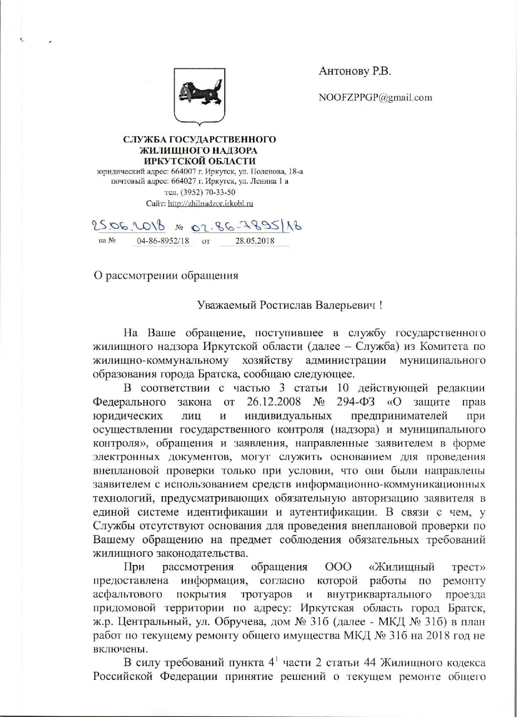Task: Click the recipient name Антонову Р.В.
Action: (355, 72)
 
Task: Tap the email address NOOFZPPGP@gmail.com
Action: (375, 97)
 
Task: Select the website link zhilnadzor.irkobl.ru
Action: (210, 204)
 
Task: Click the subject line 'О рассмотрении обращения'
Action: (166, 276)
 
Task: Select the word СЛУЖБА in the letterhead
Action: (140, 140)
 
